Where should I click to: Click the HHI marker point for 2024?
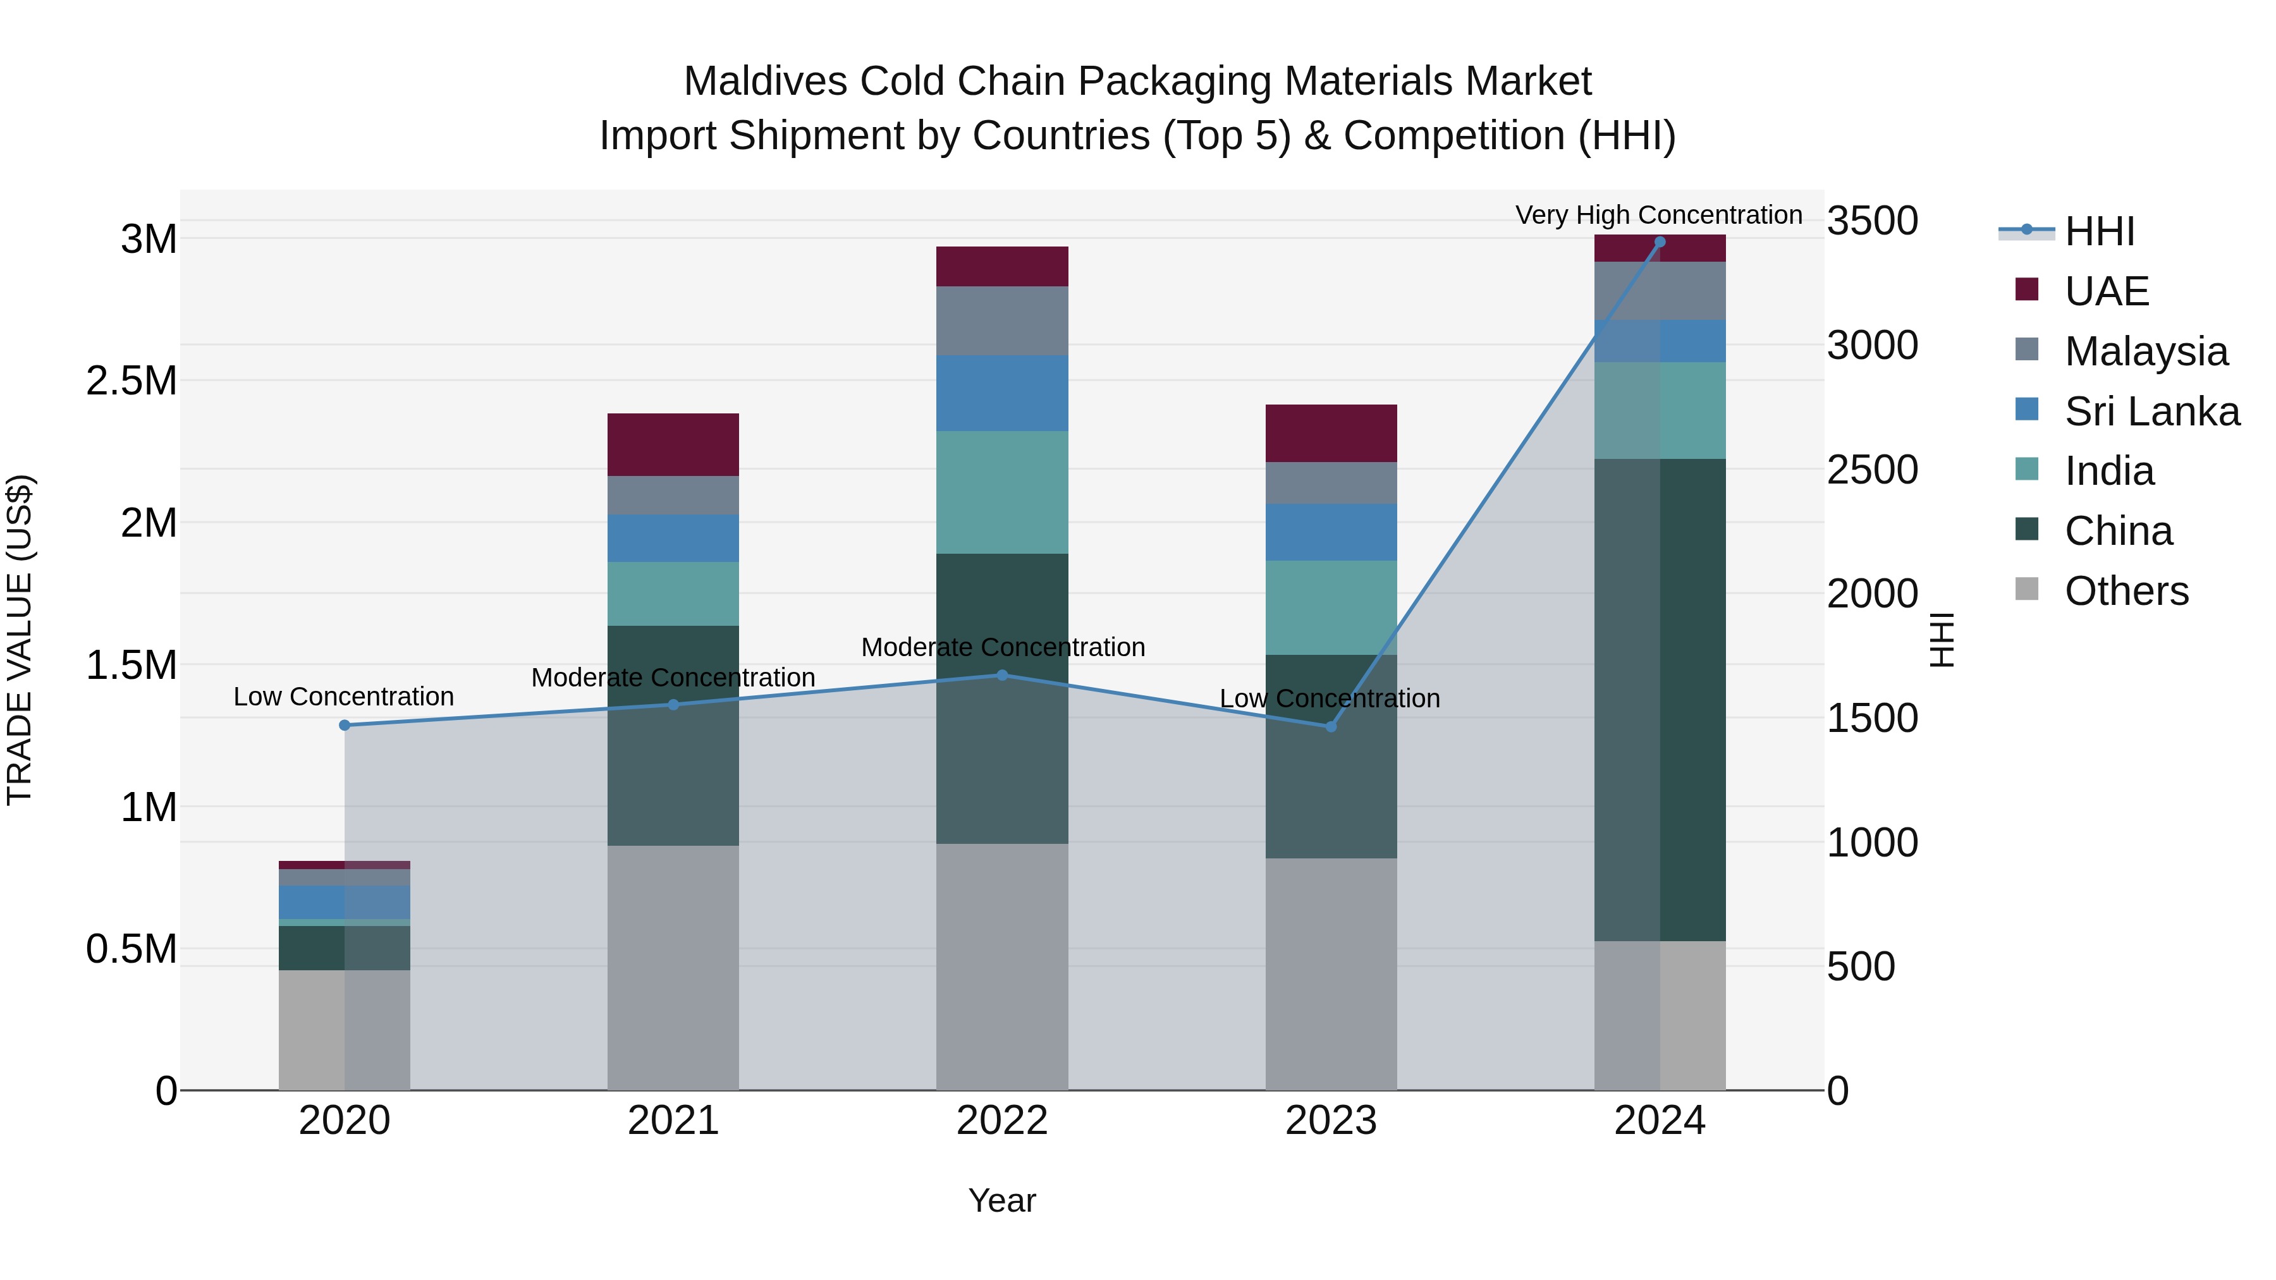pyautogui.click(x=1660, y=242)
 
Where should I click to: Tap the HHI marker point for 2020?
pyautogui.click(x=345, y=725)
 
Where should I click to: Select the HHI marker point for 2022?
pyautogui.click(x=1002, y=675)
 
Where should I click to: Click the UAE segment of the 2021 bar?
pyautogui.click(x=673, y=444)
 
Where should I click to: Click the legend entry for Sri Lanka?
pyautogui.click(x=2151, y=411)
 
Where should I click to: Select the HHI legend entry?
pyautogui.click(x=2098, y=231)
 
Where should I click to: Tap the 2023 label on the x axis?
pyautogui.click(x=1331, y=1121)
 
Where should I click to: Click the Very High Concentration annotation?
pyautogui.click(x=1658, y=215)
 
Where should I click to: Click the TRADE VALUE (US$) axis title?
pyautogui.click(x=20, y=640)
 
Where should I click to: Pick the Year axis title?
pyautogui.click(x=1002, y=1200)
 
